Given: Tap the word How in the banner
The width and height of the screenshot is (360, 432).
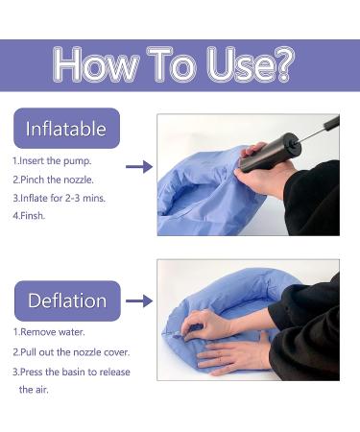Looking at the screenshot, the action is [x=96, y=64].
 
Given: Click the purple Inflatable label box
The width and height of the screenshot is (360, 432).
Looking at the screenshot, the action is [x=66, y=129].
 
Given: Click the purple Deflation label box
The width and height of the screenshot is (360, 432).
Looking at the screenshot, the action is [x=67, y=300].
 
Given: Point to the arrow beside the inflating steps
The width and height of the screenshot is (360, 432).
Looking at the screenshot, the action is [x=139, y=167].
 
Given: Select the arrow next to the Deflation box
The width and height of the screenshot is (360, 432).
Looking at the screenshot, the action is [x=139, y=301].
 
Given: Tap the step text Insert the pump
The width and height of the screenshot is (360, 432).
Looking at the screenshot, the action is [x=52, y=160].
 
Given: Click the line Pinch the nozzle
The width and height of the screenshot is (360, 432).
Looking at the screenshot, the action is [x=53, y=180].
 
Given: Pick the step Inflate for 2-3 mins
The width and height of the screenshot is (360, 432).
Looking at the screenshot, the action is [x=60, y=198].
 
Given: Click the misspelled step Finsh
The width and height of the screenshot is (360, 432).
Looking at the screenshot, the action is [x=29, y=216].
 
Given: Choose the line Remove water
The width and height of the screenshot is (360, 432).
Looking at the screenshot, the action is [x=49, y=332].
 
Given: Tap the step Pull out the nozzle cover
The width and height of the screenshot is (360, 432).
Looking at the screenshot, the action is [x=71, y=352].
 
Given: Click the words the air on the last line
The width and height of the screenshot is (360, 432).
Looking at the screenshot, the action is [x=34, y=390].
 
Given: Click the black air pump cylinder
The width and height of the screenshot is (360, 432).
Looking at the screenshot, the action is [x=270, y=153].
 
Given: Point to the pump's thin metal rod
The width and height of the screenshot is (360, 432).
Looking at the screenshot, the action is [x=312, y=134].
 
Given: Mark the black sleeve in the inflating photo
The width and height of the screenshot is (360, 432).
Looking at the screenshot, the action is [x=312, y=199].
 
